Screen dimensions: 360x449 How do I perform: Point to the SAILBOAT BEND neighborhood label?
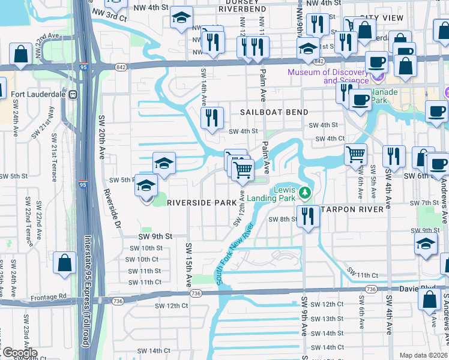(x=274, y=112)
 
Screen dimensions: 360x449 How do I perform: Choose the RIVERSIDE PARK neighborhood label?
(x=202, y=203)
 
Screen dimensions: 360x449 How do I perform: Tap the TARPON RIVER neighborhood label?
(x=353, y=209)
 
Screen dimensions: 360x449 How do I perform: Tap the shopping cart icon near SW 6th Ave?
(x=355, y=154)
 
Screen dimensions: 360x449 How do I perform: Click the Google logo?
(x=19, y=353)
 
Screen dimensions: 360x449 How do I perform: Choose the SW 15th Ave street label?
(x=188, y=265)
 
